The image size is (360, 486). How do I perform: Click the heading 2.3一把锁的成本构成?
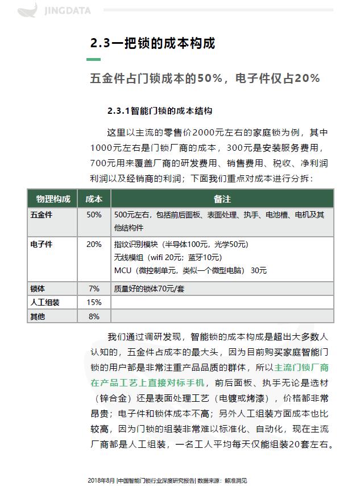coord(153,43)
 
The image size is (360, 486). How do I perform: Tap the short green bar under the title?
coord(93,59)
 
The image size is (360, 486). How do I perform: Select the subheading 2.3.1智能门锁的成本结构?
coord(160,110)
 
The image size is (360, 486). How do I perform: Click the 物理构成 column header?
coord(53,199)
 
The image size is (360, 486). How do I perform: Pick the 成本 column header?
coord(94,199)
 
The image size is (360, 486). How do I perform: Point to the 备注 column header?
coord(222,199)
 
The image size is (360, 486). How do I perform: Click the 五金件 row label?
coord(42,215)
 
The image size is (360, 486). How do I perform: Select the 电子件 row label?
coord(42,244)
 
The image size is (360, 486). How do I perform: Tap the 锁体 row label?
coord(38,289)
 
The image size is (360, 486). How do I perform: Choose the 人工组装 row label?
coord(45,302)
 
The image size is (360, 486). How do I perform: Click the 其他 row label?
coord(38,316)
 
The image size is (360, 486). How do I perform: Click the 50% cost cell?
coord(94,215)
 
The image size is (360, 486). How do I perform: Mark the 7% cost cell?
coord(94,289)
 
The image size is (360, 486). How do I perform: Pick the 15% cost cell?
coord(94,302)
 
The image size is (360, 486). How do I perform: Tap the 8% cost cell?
coord(94,316)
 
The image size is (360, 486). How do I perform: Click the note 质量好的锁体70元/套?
coord(150,289)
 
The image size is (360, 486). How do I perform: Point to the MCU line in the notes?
coord(191,270)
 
